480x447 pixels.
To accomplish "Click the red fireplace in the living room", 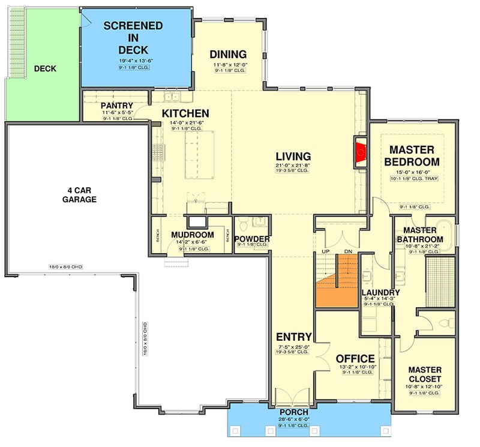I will pyautogui.click(x=361, y=152).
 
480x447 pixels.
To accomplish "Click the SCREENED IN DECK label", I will pyautogui.click(x=132, y=37).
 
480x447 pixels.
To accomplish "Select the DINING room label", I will pyautogui.click(x=228, y=54).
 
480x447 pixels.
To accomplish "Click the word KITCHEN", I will pyautogui.click(x=185, y=113).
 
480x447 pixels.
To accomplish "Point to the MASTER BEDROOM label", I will pyautogui.click(x=415, y=155).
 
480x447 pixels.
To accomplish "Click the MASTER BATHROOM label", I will pyautogui.click(x=424, y=235).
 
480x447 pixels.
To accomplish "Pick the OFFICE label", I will pyautogui.click(x=355, y=359).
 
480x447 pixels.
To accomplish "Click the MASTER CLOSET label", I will pyautogui.click(x=424, y=374).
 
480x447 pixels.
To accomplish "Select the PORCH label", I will pyautogui.click(x=294, y=412).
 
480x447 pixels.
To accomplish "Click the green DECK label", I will pyautogui.click(x=45, y=69).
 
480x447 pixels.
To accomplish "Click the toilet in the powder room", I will pyautogui.click(x=244, y=226).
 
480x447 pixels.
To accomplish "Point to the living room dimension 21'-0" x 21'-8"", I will pyautogui.click(x=293, y=165).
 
